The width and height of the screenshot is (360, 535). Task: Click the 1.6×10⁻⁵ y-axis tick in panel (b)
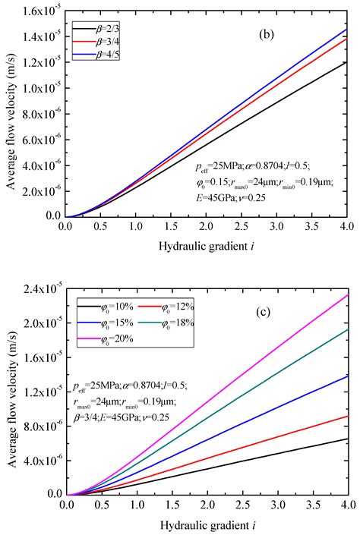click(x=39, y=9)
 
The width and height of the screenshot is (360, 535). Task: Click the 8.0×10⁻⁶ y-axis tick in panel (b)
click(x=39, y=113)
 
